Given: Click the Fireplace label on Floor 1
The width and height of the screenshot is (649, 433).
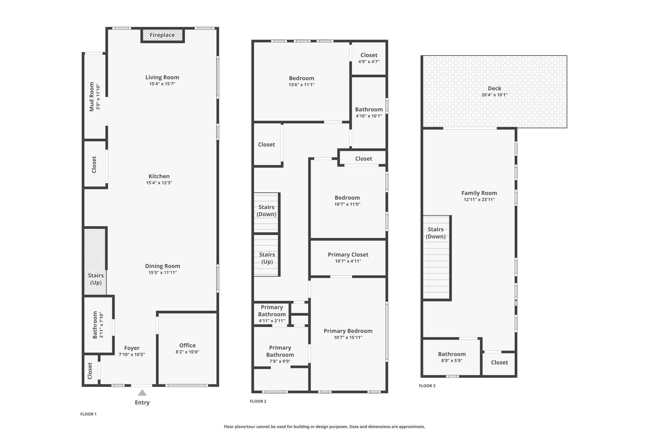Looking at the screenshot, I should (162, 35).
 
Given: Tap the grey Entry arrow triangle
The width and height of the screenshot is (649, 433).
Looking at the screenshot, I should (142, 393).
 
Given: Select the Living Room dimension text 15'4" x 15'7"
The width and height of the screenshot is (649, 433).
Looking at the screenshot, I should (162, 84).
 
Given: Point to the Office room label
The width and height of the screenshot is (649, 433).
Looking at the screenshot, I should (187, 345).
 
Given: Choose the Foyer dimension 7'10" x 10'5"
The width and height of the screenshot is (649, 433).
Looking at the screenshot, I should (132, 354).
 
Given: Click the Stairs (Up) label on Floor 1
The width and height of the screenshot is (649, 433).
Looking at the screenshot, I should (96, 279).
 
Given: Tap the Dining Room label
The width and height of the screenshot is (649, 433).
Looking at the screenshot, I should (163, 266).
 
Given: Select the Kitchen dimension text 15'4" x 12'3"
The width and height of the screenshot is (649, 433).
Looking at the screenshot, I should (159, 183).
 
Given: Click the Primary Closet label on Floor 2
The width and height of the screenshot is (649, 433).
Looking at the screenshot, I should (348, 254).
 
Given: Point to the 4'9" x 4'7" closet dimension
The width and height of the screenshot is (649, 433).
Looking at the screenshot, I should (369, 62).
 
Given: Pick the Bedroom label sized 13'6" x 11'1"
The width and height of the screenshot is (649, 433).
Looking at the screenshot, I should (301, 78).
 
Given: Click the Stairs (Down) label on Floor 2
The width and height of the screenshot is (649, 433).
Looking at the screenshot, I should (266, 211).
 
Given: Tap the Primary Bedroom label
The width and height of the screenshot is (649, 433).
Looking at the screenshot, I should (348, 331).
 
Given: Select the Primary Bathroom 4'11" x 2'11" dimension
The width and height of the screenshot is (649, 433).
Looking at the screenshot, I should (272, 321).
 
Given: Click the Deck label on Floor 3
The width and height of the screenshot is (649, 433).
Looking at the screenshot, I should (494, 88).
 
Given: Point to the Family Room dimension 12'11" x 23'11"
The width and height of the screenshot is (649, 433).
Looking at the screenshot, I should (479, 200).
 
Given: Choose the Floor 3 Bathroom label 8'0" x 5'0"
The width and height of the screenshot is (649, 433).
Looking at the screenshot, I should (452, 354).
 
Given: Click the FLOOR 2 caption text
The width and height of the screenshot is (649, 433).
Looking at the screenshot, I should (258, 401).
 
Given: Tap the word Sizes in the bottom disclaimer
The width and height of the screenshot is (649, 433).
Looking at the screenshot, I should (355, 427).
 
